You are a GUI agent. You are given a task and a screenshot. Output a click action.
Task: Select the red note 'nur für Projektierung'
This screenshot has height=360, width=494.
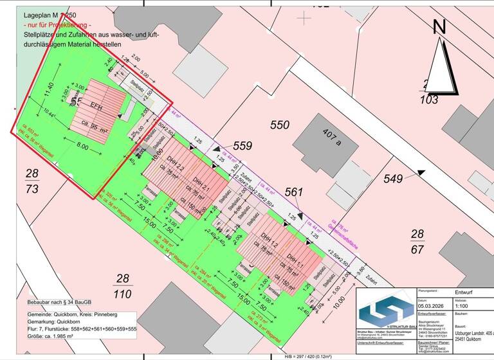click(66, 24)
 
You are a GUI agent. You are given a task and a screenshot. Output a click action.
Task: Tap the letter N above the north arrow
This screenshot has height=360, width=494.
click(439, 27)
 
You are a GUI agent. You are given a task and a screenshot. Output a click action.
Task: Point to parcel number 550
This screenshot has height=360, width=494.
click(280, 125)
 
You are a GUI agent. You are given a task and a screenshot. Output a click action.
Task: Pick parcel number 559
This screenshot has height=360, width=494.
click(243, 146)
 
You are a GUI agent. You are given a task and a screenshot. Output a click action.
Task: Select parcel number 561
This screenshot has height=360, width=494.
click(293, 192)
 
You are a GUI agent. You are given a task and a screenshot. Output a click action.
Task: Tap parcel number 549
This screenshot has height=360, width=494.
click(393, 177)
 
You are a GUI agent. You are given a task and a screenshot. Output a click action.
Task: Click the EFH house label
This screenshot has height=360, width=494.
click(96, 105)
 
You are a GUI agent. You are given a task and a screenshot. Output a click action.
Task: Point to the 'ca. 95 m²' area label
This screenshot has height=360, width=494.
click(94, 125)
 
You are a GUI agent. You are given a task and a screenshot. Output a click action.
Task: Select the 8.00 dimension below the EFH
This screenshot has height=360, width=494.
click(83, 147)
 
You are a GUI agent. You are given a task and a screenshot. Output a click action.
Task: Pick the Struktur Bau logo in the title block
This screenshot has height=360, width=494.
click(385, 311)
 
